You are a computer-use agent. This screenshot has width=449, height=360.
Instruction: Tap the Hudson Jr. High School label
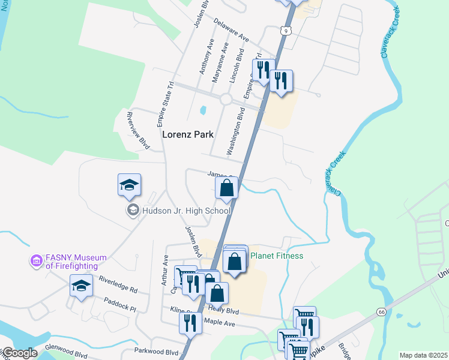tap(185, 211)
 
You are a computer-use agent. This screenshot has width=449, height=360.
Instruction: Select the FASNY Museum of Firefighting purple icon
tap(37, 261)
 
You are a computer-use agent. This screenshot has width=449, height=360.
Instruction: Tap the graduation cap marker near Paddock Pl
tap(81, 285)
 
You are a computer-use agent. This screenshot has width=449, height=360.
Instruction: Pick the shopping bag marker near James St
tap(227, 188)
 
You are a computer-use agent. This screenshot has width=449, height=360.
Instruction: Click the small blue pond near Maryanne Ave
tap(203, 110)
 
